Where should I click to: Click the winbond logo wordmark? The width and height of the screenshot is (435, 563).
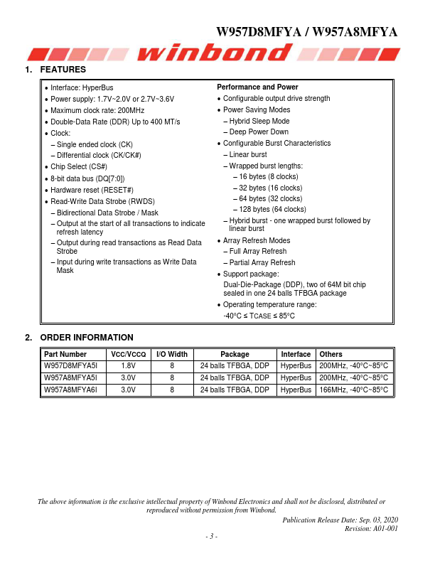pos(217,53)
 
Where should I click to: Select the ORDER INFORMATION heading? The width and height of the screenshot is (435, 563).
pos(86,338)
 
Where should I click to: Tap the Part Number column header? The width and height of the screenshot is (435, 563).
pos(65,354)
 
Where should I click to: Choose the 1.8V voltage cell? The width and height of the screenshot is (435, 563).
pos(128,366)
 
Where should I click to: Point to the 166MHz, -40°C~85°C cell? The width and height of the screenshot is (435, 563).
pos(354,390)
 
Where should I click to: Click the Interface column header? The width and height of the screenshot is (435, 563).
pos(296,354)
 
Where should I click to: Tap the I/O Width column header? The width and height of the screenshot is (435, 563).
pos(172,354)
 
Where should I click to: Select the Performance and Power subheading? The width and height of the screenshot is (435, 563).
pos(257,87)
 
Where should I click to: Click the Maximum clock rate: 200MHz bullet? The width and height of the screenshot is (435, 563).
pos(97,110)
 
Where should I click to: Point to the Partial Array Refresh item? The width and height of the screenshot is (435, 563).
pos(262,262)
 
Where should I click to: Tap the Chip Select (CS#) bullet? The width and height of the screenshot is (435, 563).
pos(79,167)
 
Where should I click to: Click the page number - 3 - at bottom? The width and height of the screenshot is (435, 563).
pos(211,537)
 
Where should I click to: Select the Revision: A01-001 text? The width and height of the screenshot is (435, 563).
pos(371,528)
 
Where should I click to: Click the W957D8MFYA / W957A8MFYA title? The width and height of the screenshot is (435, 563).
pos(306,32)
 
